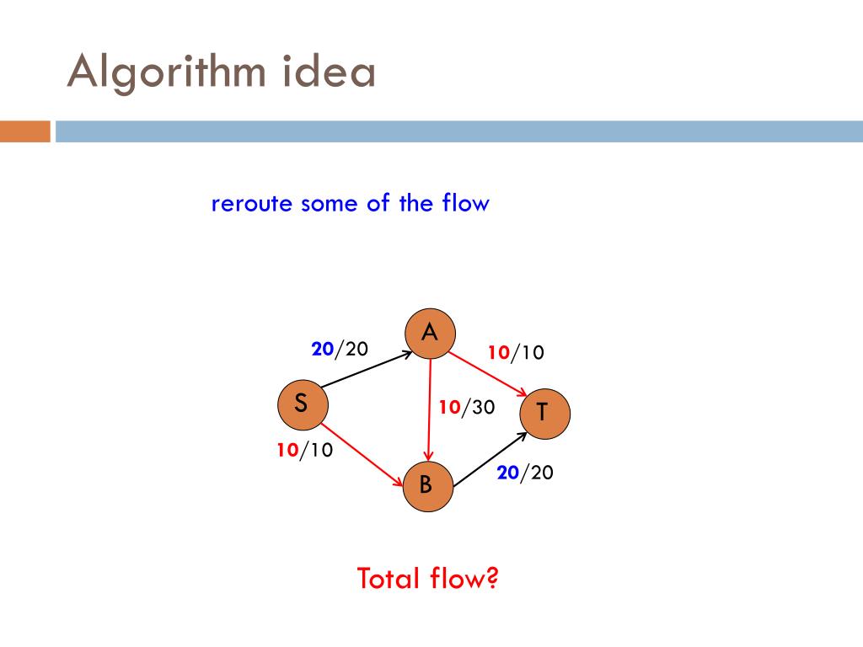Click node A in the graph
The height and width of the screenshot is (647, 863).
(430, 334)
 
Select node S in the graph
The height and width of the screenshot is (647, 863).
(302, 405)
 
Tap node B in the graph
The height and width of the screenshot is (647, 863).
(426, 485)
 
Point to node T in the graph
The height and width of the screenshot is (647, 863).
(544, 412)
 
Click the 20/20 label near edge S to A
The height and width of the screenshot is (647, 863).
(340, 349)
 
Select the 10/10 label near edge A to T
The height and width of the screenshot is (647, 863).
(516, 352)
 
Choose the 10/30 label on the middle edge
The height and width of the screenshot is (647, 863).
(466, 408)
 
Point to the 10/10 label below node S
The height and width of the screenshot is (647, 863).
(304, 451)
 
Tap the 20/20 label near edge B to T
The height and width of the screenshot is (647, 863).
(525, 473)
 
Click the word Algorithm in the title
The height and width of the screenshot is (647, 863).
(167, 72)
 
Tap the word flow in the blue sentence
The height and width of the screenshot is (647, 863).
(464, 203)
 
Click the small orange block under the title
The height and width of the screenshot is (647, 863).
(24, 132)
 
